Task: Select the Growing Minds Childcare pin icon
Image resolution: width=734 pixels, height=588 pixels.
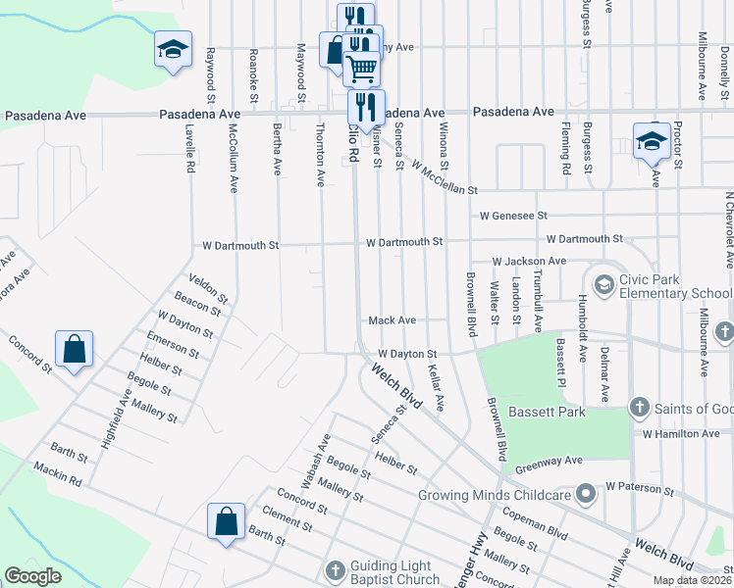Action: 586,494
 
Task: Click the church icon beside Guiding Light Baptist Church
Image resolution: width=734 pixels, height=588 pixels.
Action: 335,569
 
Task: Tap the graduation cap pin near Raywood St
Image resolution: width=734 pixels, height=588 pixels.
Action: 172,50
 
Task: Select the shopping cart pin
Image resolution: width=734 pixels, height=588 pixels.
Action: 362,67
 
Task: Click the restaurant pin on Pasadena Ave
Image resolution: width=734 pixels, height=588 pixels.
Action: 365,107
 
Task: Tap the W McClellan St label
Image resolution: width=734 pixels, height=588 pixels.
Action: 445,177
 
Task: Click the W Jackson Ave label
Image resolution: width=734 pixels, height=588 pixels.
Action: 529,262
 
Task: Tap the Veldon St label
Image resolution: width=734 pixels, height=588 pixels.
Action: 208,290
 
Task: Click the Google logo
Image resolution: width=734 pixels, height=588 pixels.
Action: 33,575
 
